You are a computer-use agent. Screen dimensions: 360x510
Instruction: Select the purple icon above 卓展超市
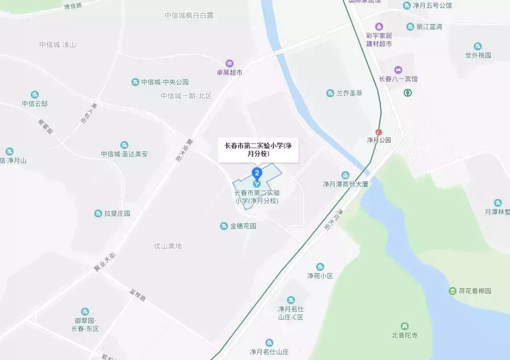230,63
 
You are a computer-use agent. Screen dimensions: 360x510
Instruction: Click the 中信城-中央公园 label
165,82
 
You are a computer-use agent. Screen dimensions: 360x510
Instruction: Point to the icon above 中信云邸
35,95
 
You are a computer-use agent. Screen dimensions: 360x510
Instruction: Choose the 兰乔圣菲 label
349,93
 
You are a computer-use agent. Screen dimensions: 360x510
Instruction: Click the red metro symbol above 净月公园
379,132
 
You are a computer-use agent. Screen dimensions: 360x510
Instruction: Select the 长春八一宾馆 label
398,79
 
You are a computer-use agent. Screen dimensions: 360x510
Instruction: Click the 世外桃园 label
478,55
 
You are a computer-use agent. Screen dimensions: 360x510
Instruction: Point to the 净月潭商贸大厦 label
345,184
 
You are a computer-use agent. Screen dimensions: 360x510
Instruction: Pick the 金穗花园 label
243,226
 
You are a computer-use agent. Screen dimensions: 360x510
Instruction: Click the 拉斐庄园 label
117,213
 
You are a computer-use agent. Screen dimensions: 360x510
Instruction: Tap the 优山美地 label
168,246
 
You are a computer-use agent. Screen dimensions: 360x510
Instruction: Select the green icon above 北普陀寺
404,326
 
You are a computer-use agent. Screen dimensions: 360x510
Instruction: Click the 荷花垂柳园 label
474,291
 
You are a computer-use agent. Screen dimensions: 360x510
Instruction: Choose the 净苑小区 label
320,276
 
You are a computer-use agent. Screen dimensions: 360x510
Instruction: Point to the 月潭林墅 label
497,212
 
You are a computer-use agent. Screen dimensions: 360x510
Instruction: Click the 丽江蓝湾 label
429,27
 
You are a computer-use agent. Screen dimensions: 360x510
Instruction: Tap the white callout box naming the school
258,150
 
